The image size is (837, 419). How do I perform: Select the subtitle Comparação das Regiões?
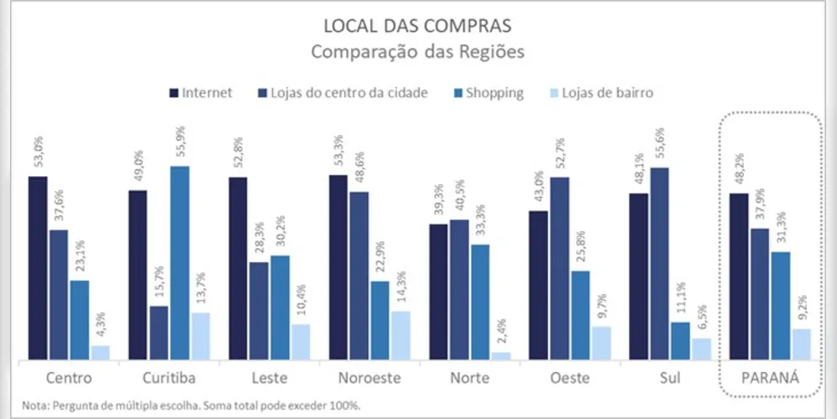click(418, 51)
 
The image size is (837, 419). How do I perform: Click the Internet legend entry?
click(201, 92)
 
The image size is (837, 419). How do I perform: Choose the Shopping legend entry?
click(487, 92)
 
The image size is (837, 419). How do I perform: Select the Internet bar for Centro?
click(38, 268)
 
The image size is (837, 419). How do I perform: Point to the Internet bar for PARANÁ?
click(740, 277)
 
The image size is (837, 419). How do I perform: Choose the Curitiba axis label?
click(168, 379)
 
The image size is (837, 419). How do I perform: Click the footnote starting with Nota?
click(191, 406)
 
